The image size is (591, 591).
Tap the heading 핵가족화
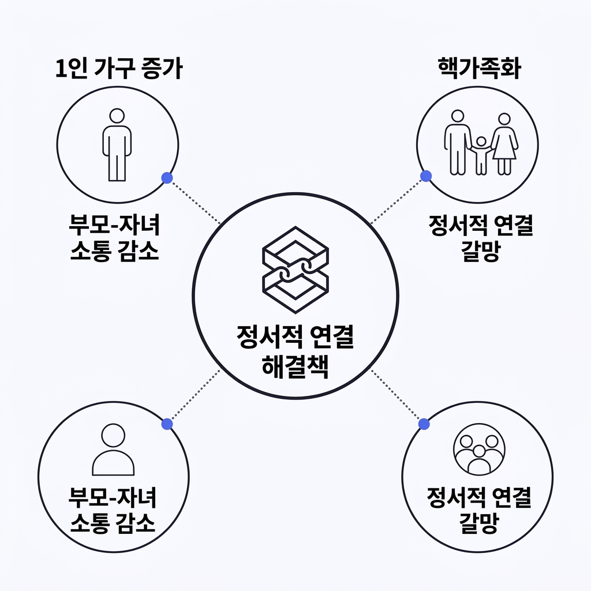point(478,69)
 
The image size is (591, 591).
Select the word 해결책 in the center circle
point(295,366)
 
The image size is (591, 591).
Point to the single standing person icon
point(117,144)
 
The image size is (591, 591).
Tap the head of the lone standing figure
point(117,115)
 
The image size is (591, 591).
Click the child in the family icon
point(481,155)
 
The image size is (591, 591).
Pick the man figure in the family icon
point(457,142)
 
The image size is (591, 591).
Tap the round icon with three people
point(479,451)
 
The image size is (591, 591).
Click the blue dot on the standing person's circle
point(167,178)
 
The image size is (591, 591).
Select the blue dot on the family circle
point(426,176)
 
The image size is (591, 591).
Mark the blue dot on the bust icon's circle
point(167,424)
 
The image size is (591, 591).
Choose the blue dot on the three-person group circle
point(424,424)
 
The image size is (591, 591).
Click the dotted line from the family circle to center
point(398,200)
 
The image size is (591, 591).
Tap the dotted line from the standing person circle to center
point(193,200)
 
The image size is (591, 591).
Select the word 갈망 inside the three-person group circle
point(479,524)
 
